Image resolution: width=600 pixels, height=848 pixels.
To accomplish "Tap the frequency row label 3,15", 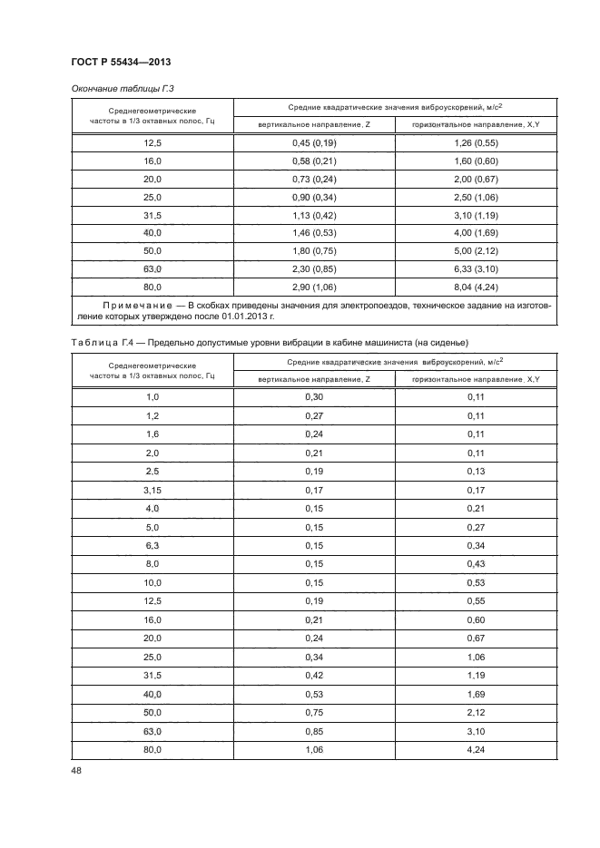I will (x=152, y=490).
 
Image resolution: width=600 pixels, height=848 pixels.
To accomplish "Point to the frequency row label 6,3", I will (x=152, y=546).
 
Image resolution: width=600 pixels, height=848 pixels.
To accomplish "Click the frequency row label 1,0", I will (x=152, y=396).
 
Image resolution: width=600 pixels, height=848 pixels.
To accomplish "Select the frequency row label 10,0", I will (x=152, y=582).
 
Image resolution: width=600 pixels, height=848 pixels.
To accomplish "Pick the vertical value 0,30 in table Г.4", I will (x=314, y=396).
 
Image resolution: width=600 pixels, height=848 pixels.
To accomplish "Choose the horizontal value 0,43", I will (x=475, y=564).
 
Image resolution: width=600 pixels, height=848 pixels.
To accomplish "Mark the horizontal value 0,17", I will (x=475, y=490).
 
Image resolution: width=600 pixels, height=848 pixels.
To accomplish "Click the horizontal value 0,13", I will (x=475, y=471).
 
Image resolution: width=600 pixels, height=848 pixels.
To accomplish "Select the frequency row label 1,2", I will (x=152, y=414).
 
